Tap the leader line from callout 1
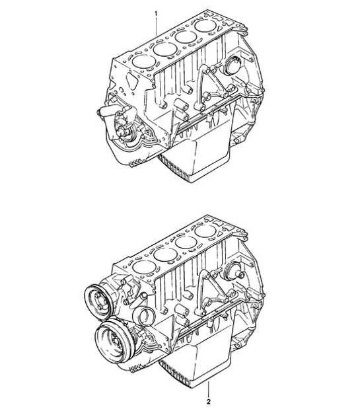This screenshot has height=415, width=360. click(156, 30)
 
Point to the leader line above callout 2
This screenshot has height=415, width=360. click(209, 387)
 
